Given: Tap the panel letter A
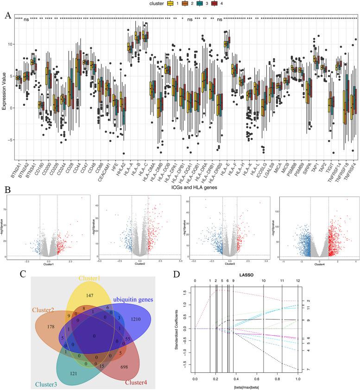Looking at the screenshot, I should tap(7, 15).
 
